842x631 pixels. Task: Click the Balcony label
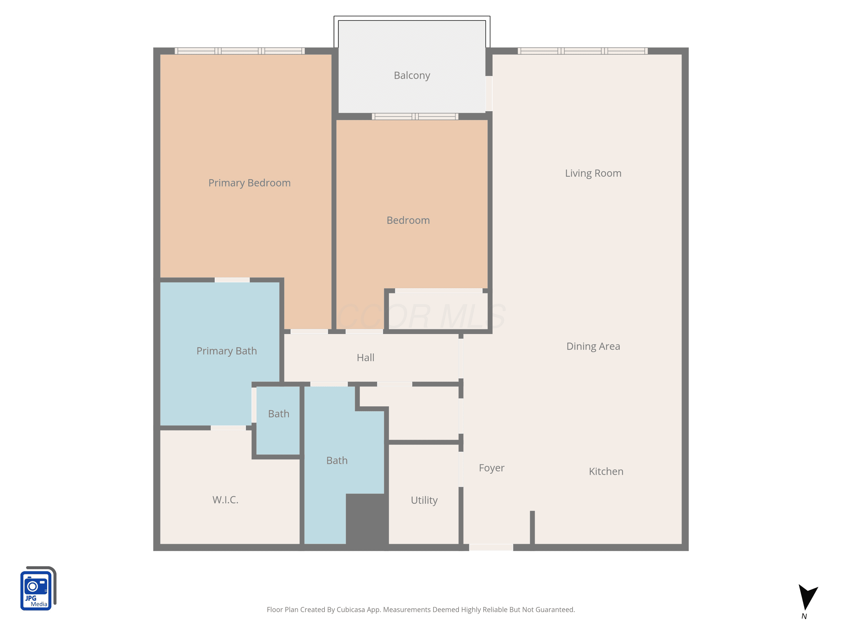pyautogui.click(x=412, y=75)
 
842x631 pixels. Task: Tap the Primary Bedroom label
pyautogui.click(x=249, y=183)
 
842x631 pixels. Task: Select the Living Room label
pyautogui.click(x=593, y=173)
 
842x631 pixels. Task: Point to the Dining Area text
pyautogui.click(x=593, y=346)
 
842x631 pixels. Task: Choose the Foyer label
pyautogui.click(x=491, y=468)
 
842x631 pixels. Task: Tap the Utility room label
pyautogui.click(x=424, y=500)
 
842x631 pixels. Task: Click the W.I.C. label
pyautogui.click(x=225, y=500)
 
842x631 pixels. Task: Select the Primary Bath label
pyautogui.click(x=226, y=351)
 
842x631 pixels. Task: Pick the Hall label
pyautogui.click(x=365, y=358)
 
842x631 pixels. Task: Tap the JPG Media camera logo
pyautogui.click(x=38, y=588)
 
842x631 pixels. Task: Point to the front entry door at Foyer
pyautogui.click(x=491, y=547)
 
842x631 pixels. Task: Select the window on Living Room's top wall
pyautogui.click(x=582, y=51)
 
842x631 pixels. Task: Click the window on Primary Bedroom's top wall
pyautogui.click(x=239, y=51)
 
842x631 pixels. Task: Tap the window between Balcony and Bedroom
pyautogui.click(x=415, y=116)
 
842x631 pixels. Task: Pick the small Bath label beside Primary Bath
pyautogui.click(x=279, y=414)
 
